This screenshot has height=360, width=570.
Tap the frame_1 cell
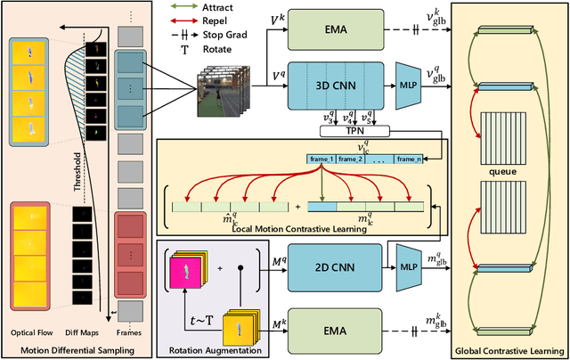(x=322, y=158)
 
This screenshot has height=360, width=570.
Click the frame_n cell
(x=408, y=158)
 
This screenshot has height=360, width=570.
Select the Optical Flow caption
(x=32, y=333)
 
